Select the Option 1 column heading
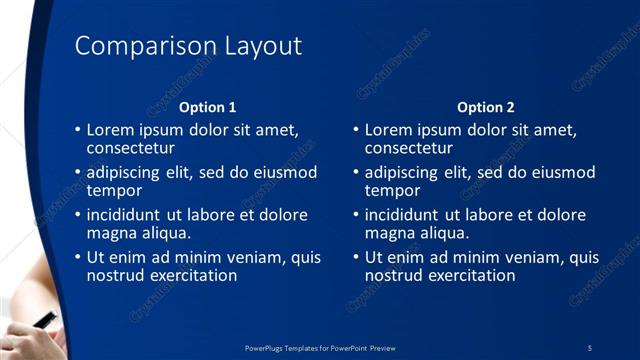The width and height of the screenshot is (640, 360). tap(208, 107)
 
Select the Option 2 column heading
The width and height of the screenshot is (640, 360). tap(486, 107)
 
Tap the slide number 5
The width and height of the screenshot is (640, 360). tap(590, 347)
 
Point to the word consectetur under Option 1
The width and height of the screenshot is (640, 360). tap(131, 148)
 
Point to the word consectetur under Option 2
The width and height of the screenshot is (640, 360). tap(409, 148)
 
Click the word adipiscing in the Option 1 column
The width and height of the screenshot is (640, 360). tap(127, 172)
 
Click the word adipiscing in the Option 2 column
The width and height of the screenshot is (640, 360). tap(405, 172)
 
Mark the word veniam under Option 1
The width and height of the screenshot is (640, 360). tap(250, 257)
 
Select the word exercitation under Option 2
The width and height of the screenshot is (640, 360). tap(469, 275)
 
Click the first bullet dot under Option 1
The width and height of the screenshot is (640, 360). tap(78, 130)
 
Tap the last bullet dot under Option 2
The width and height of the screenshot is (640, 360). tap(356, 257)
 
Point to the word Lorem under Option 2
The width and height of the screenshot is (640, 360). tap(389, 130)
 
